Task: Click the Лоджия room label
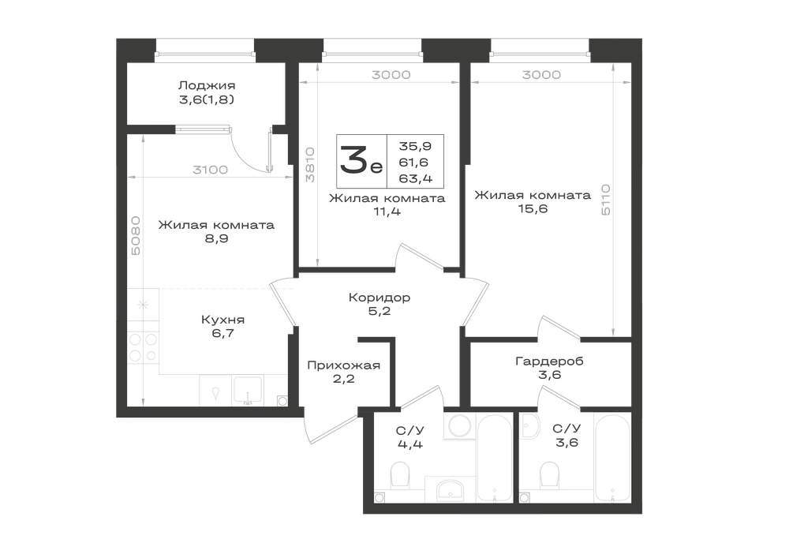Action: (207, 85)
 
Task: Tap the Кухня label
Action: (223, 320)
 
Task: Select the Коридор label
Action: (380, 298)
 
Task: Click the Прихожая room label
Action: (343, 365)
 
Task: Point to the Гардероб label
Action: (549, 361)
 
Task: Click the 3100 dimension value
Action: (211, 170)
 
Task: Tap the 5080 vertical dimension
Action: (136, 235)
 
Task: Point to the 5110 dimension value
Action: (605, 200)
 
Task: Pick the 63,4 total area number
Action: (415, 178)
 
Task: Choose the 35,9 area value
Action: (415, 146)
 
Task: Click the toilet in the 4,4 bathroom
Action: (401, 475)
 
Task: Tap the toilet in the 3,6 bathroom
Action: (549, 475)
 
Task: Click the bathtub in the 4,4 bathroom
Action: (494, 457)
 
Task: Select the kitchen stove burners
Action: (143, 348)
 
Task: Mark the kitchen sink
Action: (246, 390)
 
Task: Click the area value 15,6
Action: (533, 209)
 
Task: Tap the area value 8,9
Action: (216, 238)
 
